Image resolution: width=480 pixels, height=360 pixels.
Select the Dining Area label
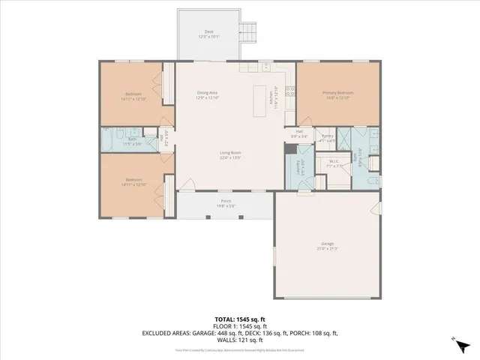click(207, 92)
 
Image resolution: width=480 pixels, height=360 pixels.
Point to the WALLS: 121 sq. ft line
click(239, 339)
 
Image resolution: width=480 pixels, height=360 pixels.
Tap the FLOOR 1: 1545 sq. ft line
click(239, 326)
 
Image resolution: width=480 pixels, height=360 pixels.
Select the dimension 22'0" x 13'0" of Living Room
click(230, 157)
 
